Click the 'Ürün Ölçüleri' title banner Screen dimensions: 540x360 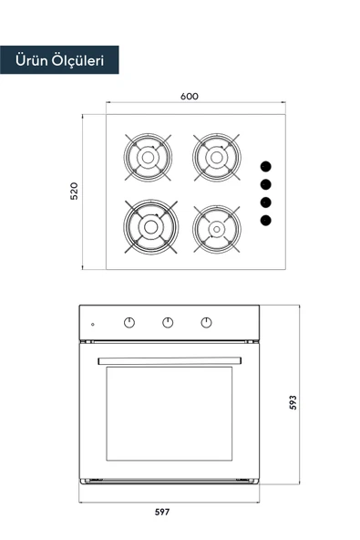pos(59,61)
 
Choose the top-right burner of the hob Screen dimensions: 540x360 pos(216,156)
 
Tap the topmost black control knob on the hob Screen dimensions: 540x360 pos(266,166)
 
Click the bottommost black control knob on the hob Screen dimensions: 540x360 pos(266,220)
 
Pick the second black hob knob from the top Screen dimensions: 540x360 pos(266,184)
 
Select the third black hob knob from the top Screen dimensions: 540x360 pos(266,202)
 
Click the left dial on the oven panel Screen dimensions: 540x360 pos(129,322)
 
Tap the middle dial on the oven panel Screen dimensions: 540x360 pos(169,322)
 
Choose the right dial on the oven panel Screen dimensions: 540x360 pos(207,322)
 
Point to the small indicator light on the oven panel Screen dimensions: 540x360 pos(91,324)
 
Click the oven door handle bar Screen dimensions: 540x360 pos(170,358)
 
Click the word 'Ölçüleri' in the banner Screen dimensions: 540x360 pos(79,61)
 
